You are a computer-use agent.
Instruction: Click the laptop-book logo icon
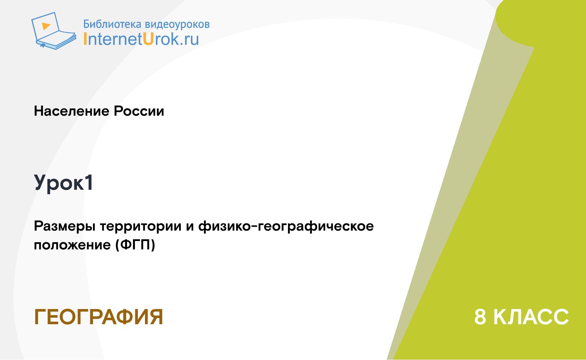click(54, 31)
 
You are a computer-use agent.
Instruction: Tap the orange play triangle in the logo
click(46, 26)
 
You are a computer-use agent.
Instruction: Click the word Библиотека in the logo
click(112, 24)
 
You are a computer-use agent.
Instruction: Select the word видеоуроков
click(177, 24)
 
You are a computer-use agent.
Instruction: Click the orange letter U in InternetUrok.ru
click(148, 39)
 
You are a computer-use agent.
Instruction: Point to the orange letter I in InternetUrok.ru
click(85, 39)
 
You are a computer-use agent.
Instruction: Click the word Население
click(72, 111)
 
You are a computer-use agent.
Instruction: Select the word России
click(139, 111)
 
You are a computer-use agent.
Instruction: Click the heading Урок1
click(63, 183)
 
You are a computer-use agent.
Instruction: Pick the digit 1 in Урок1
click(89, 182)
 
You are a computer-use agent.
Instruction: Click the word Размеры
click(65, 226)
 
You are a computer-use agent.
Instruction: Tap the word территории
click(141, 226)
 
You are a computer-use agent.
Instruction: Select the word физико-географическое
click(286, 226)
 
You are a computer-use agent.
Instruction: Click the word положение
click(72, 245)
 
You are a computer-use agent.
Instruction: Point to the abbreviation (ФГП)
click(135, 245)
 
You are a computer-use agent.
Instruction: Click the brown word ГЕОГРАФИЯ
click(98, 317)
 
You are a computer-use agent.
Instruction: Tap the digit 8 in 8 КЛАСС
click(480, 317)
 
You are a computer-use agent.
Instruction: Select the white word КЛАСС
click(531, 317)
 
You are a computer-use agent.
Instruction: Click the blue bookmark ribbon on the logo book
click(42, 46)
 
